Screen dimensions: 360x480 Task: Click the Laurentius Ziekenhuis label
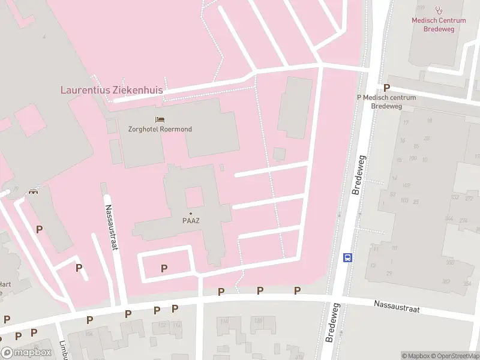pos(112,90)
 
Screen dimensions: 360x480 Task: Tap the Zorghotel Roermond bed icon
pos(160,119)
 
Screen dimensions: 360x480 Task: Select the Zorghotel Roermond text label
pos(160,129)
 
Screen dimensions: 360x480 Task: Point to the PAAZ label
pos(191,220)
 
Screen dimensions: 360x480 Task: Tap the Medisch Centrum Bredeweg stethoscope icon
pos(439,10)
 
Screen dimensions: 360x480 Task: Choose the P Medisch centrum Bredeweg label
pos(386,101)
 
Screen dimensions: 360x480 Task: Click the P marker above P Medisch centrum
pos(386,88)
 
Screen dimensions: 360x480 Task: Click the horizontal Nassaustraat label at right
pos(397,307)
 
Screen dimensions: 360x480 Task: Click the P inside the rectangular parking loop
pos(164,268)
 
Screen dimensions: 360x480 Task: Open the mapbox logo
pos(26,352)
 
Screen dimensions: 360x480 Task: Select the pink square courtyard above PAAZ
pos(193,197)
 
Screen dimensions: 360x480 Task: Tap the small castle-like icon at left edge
pos(33,191)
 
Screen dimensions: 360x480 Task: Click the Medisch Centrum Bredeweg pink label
pos(438,24)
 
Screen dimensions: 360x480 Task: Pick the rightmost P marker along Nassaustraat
pos(297,291)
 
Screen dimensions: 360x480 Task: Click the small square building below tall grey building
pos(279,154)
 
